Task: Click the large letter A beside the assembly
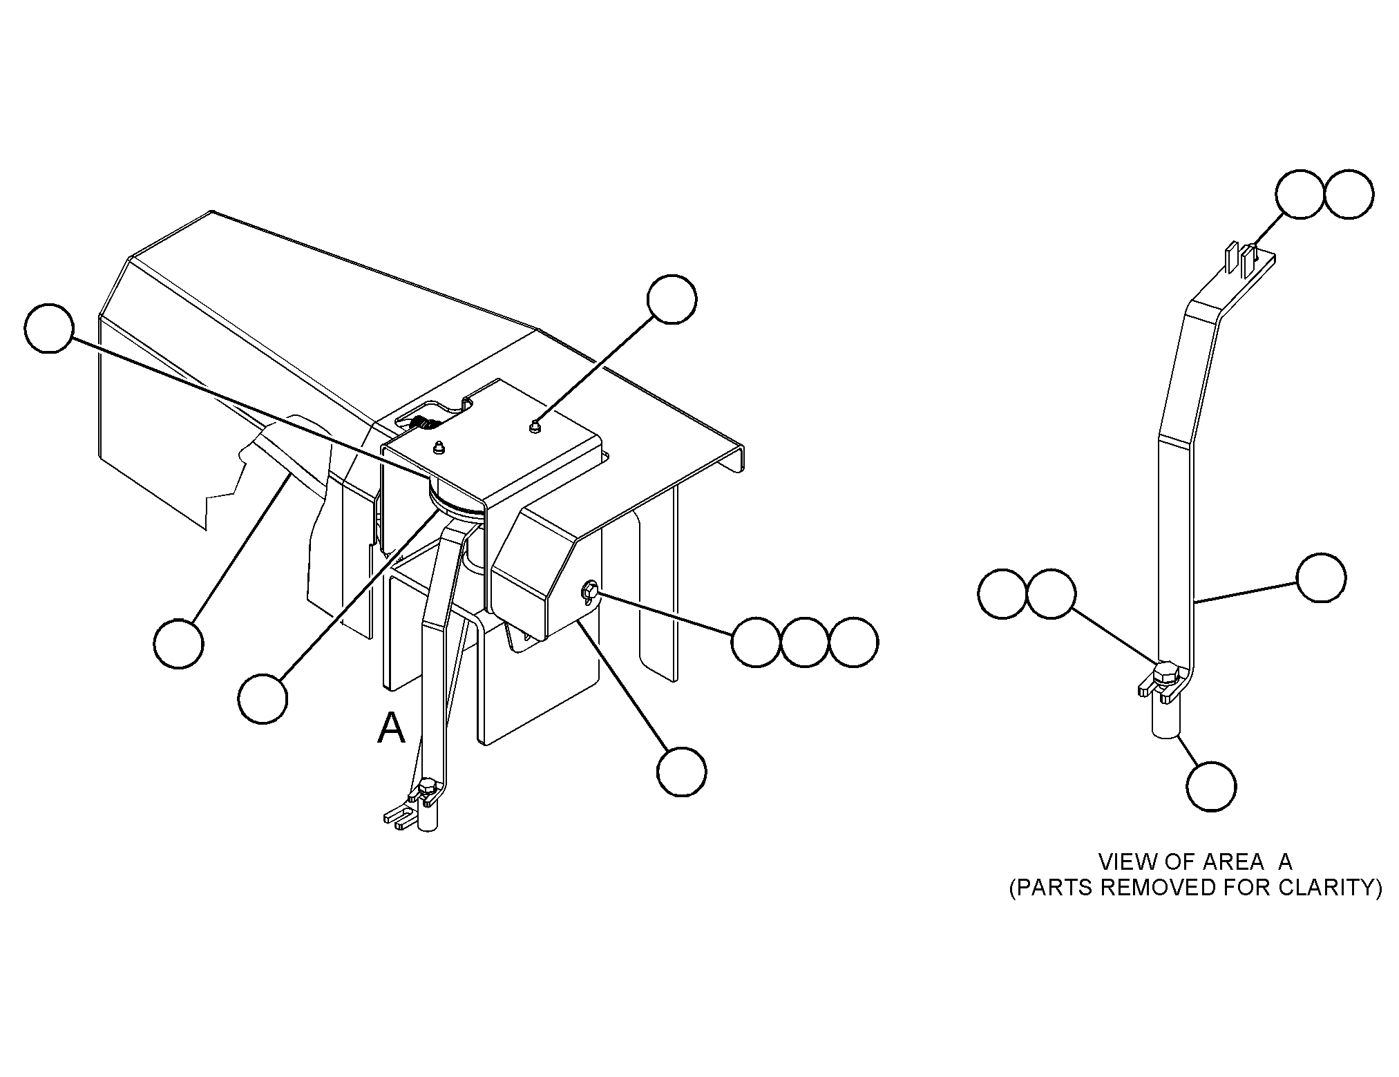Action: (x=391, y=729)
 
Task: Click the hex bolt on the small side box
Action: (x=590, y=591)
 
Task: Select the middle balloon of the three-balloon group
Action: (x=805, y=642)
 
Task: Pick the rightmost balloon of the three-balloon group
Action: (x=854, y=642)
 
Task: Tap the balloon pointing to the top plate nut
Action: (x=672, y=299)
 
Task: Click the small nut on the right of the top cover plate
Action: (x=535, y=428)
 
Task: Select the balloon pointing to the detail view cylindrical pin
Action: (x=1212, y=786)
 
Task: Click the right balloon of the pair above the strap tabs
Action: (x=1349, y=195)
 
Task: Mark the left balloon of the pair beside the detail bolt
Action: (x=1003, y=594)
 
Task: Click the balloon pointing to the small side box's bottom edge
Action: (x=682, y=772)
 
